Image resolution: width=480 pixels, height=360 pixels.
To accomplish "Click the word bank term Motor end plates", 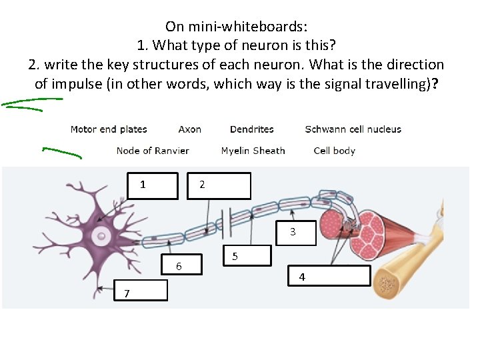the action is coord(109,129).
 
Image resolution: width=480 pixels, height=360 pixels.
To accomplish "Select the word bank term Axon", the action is coord(190,129).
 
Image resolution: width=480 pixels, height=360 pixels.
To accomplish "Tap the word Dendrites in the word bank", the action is coord(251,129).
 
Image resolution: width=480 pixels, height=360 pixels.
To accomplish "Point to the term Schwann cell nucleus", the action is coord(353,129).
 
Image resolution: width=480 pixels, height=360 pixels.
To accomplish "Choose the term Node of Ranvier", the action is coord(153,151).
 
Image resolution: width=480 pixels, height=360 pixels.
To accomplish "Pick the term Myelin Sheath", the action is coord(253,151).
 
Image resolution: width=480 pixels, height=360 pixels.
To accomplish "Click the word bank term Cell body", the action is coord(334,151).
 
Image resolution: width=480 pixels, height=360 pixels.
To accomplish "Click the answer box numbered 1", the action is coord(153,185).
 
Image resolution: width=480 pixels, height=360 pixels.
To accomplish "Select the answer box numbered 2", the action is coord(220,185).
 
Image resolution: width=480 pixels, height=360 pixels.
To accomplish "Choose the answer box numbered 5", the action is coord(247,256).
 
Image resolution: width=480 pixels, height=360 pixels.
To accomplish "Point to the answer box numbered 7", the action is coord(139,291).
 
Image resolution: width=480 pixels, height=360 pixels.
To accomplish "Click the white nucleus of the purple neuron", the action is coord(101,234).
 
